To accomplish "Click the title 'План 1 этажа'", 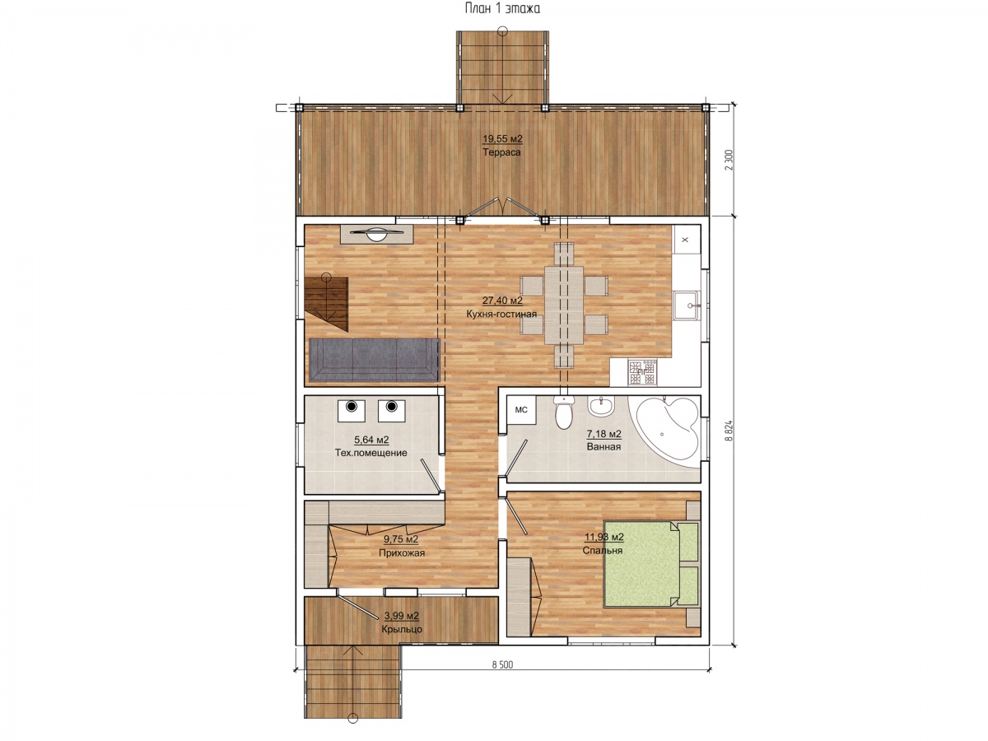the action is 502,8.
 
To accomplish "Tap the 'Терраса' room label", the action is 501,152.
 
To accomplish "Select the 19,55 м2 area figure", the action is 502,138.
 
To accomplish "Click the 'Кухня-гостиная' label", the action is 501,314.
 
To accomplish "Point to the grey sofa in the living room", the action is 374,361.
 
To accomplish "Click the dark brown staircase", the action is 326,304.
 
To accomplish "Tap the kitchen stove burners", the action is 642,372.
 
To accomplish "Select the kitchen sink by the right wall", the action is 686,305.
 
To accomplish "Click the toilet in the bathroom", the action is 563,412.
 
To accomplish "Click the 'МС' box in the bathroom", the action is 521,410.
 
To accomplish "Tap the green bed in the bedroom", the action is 651,564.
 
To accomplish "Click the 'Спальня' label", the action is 602,550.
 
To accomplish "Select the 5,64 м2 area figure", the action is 371,440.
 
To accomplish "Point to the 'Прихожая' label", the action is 402,553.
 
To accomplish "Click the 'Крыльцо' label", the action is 402,629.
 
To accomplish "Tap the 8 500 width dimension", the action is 502,664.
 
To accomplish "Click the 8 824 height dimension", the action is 729,431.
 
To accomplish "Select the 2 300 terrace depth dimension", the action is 729,160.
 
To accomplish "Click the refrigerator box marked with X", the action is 686,240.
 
